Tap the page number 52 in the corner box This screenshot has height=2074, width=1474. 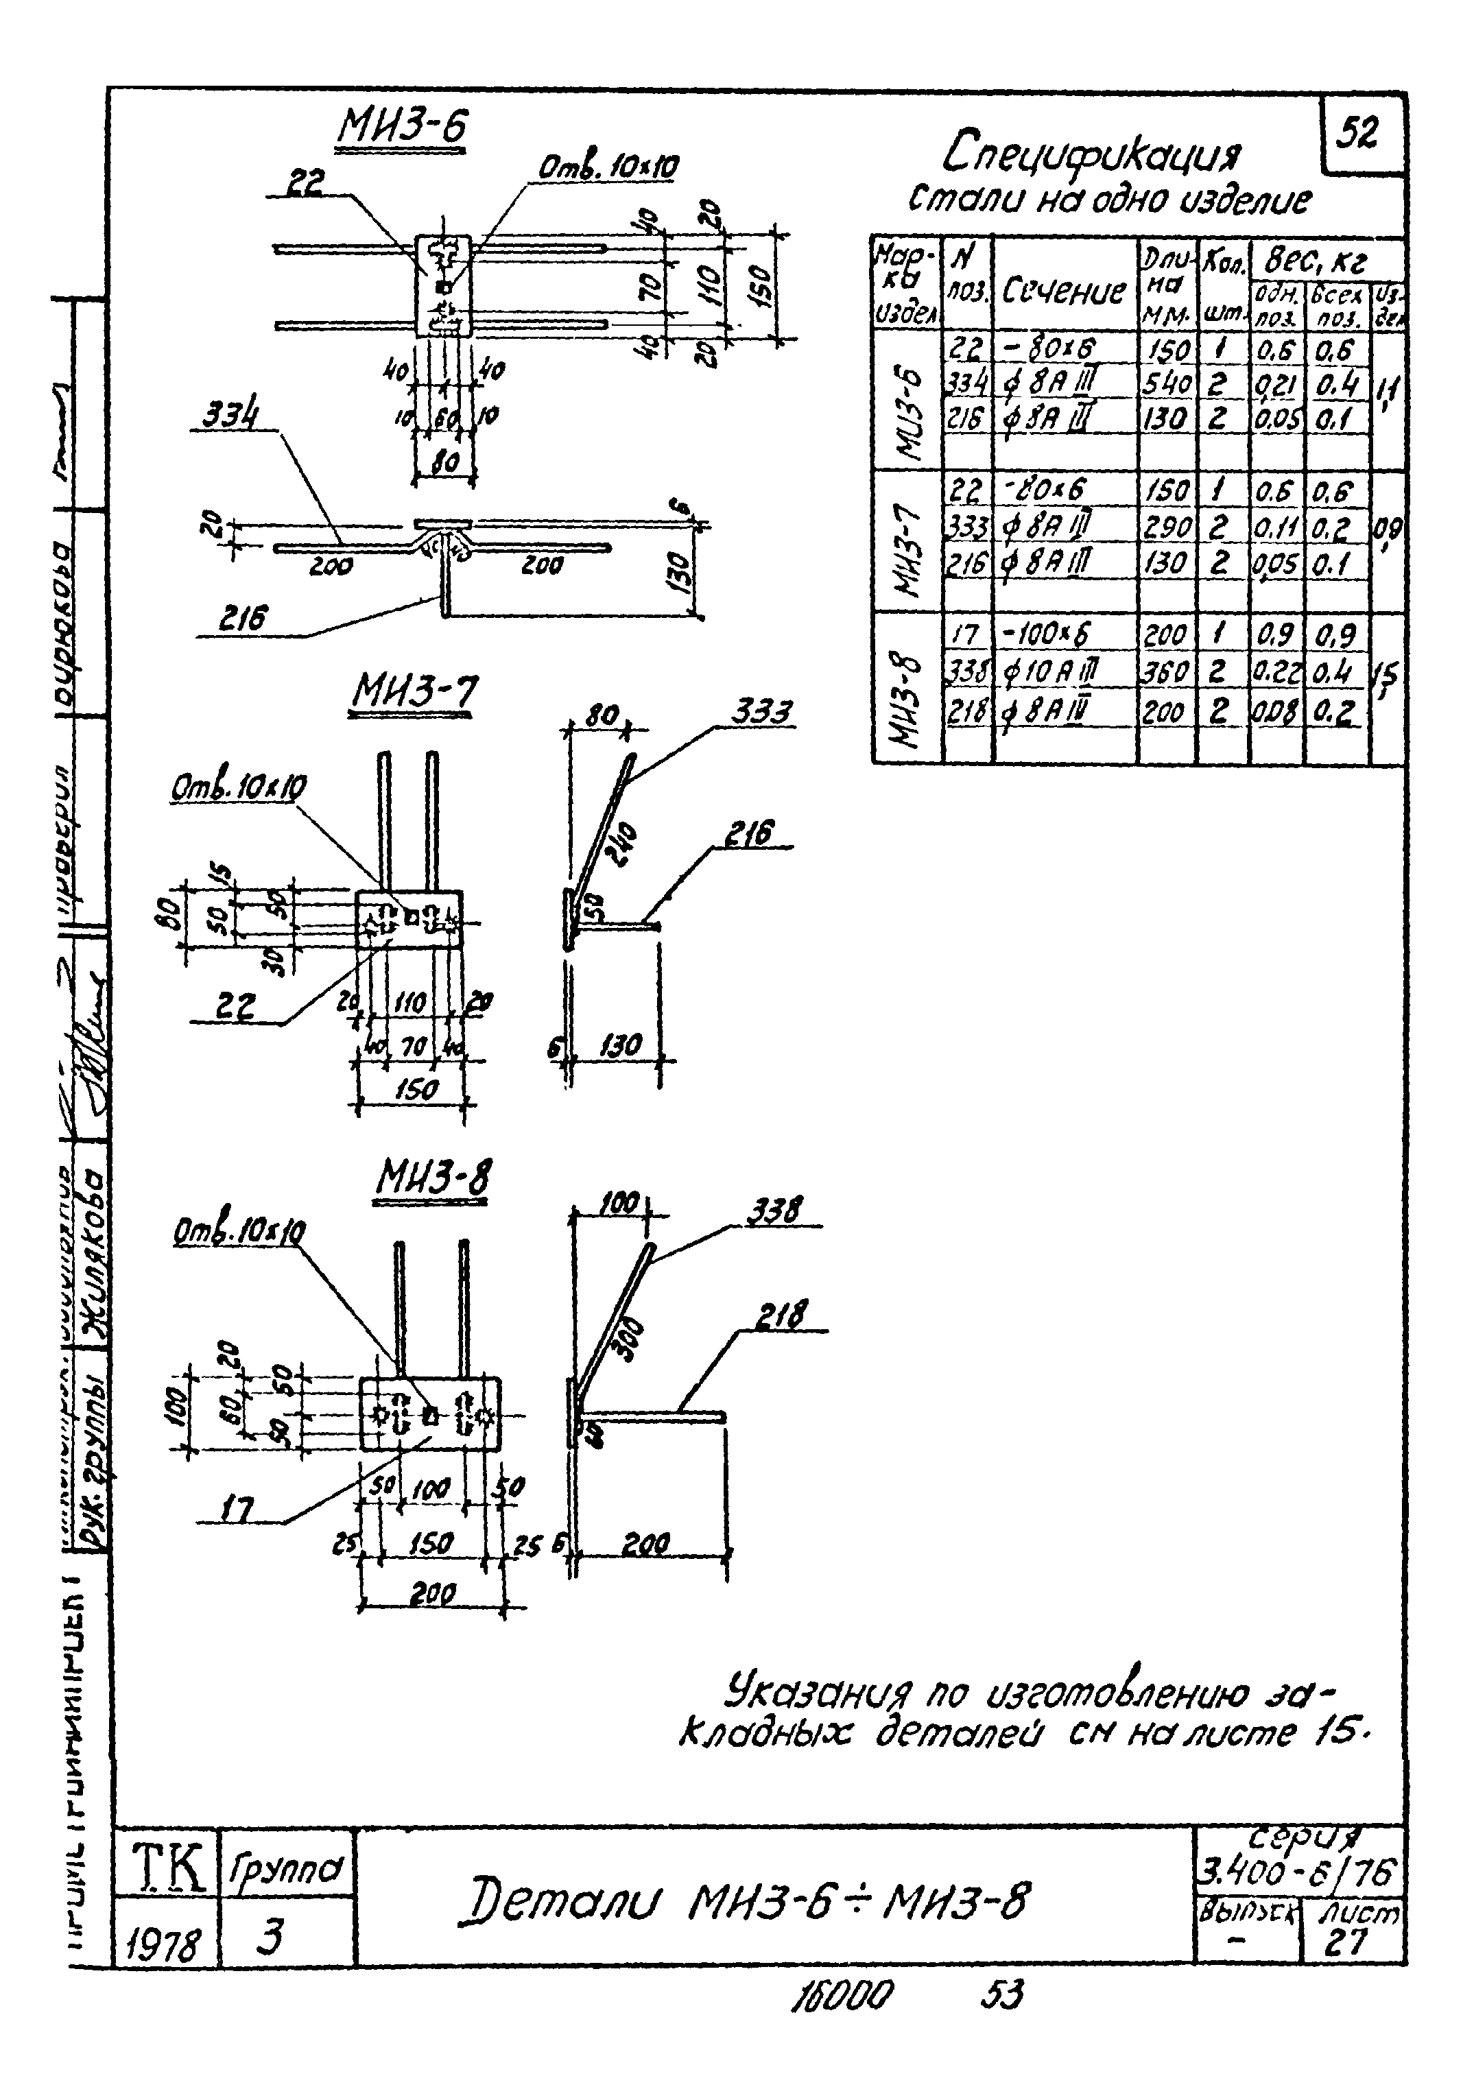tap(1358, 134)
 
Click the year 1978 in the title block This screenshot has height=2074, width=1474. tap(165, 1946)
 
